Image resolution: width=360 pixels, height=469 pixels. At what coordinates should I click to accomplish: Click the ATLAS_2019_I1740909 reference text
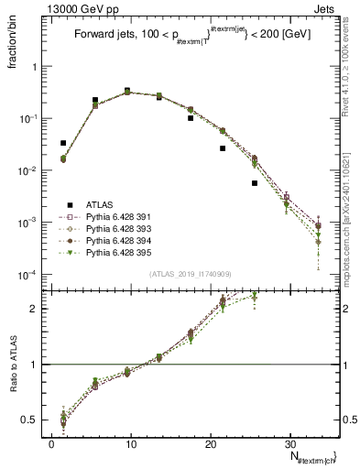click(184, 275)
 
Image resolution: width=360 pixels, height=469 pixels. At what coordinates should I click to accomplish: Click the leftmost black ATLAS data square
click(63, 143)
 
